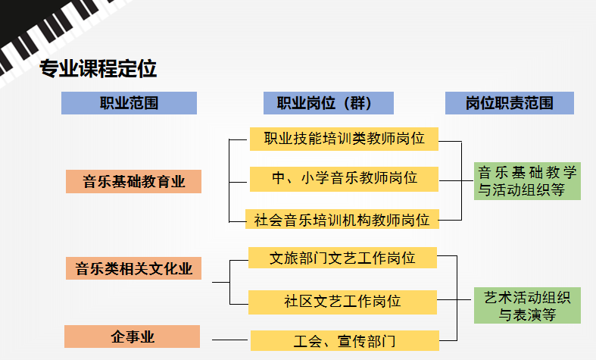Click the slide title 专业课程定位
pos(98,69)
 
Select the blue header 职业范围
pos(129,103)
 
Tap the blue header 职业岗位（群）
pos(329,103)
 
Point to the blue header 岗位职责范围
pos(509,103)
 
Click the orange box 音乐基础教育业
pos(133,182)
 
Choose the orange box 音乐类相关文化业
pos(133,268)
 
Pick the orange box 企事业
pos(132,337)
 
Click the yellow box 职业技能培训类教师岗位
pos(344,138)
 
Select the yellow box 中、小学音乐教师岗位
pos(344,179)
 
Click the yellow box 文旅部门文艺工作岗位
pos(342,258)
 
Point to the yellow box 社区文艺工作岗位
pos(342,301)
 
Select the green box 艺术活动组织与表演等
pos(527,305)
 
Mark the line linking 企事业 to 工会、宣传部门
pos(230,340)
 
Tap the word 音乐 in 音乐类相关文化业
pos(88,268)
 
